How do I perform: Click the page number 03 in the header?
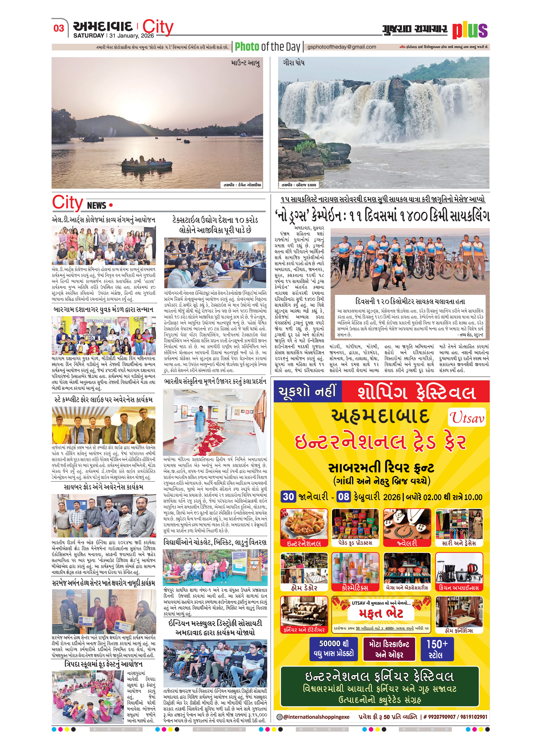59,28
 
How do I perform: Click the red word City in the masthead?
158,27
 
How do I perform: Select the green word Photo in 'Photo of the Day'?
247,47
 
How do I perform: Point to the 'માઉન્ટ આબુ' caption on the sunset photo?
245,63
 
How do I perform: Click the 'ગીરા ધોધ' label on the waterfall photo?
293,62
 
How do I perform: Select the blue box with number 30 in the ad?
288,497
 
